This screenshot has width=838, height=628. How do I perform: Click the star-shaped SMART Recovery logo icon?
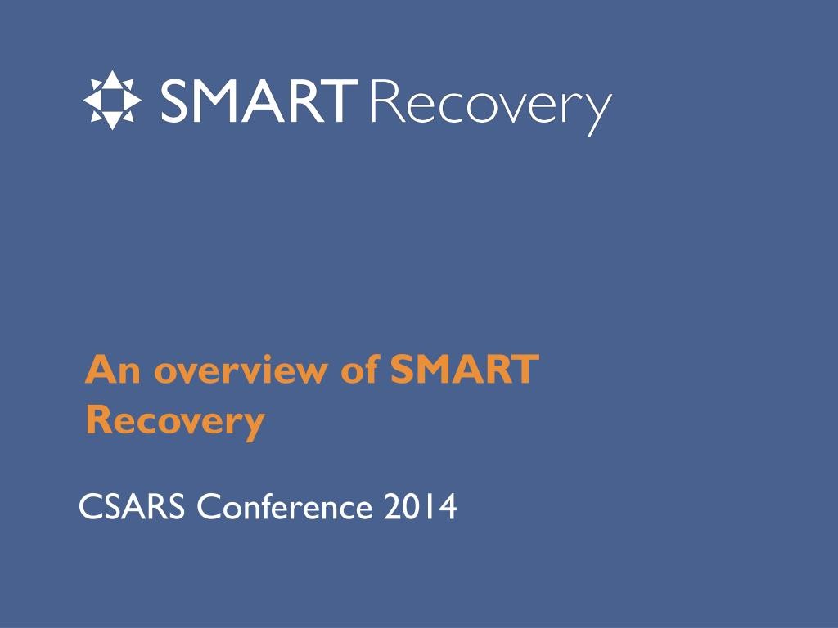pos(112,101)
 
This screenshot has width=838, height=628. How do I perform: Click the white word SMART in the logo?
pos(259,101)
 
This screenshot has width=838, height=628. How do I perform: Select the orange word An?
pos(113,370)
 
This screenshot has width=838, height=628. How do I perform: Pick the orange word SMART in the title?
pos(465,369)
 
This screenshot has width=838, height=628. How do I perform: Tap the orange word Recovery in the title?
pos(175,422)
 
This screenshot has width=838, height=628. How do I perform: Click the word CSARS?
pos(132,506)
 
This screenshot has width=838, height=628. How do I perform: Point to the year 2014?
pos(420,506)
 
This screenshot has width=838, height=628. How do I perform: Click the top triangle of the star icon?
pos(112,79)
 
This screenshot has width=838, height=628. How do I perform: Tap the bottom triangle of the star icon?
pos(112,121)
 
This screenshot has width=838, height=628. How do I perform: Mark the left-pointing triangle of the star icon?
pos(92,101)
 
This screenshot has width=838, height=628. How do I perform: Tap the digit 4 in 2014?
pos(446,506)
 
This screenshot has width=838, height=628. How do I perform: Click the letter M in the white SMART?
pos(223,101)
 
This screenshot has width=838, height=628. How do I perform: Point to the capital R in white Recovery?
pos(386,101)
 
